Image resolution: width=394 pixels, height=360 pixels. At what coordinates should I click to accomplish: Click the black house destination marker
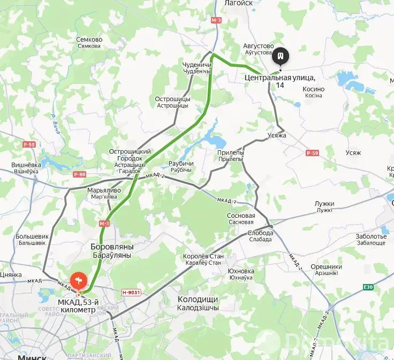[281, 56]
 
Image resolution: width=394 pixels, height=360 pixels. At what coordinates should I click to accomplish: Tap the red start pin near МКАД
[78, 280]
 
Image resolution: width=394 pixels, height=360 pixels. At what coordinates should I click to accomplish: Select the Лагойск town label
[238, 3]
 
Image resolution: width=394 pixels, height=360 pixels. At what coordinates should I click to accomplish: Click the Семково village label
[89, 40]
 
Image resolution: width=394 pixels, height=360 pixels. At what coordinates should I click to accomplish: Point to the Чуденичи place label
[198, 65]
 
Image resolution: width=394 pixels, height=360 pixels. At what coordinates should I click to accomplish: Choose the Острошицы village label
[172, 99]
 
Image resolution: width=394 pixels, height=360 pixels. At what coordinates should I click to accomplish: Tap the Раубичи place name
[181, 163]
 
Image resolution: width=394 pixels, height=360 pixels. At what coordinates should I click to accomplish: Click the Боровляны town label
[112, 247]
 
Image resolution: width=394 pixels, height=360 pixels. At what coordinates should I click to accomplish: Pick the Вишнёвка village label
[27, 165]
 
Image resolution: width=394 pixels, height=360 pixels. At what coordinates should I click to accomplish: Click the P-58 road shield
[29, 144]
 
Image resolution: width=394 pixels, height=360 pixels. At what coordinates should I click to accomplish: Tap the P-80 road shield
[80, 174]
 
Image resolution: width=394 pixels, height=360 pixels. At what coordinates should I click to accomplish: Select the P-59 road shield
[313, 153]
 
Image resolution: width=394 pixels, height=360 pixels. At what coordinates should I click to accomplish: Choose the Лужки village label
[324, 204]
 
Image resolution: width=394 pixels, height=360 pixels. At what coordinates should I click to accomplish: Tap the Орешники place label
[326, 267]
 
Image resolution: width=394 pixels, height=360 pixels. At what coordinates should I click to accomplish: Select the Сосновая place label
[241, 216]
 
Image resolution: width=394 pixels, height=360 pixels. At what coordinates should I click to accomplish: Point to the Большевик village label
[32, 236]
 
